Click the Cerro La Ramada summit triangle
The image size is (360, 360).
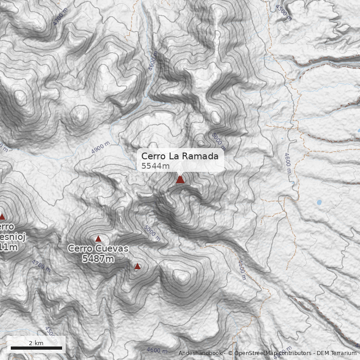point(180,179)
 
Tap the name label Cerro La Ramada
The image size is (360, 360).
point(180,156)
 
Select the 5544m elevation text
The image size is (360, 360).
point(155,166)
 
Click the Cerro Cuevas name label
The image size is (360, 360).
point(98,248)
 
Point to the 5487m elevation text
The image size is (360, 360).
point(98,259)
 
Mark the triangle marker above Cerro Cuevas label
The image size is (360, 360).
point(98,238)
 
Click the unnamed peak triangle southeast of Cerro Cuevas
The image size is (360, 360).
point(137,266)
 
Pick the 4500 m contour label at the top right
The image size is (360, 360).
point(283,12)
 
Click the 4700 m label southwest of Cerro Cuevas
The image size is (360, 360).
point(41,265)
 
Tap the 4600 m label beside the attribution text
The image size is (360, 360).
point(157,350)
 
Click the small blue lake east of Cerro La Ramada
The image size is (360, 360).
point(319,202)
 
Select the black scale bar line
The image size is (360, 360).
point(36,348)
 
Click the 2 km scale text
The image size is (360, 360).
point(36,343)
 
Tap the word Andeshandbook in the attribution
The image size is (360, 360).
point(200,353)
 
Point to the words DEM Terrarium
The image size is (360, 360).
point(337,353)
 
